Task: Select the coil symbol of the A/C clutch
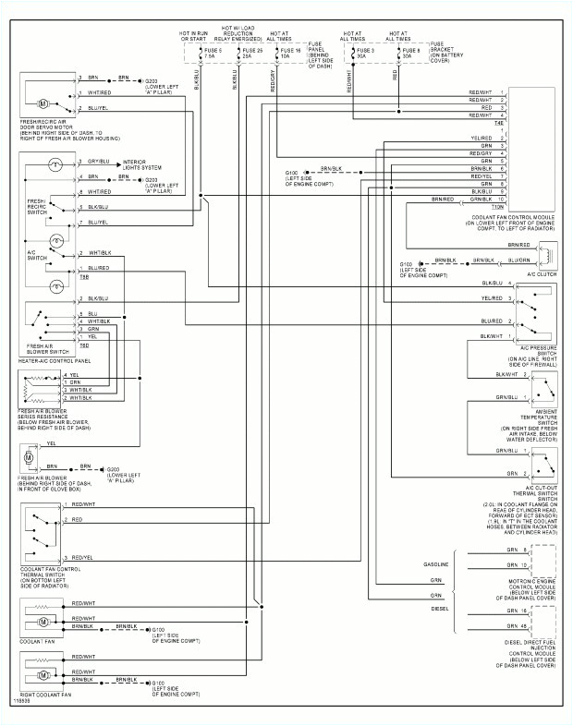pyautogui.click(x=547, y=254)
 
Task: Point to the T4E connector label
pyautogui.click(x=500, y=123)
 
